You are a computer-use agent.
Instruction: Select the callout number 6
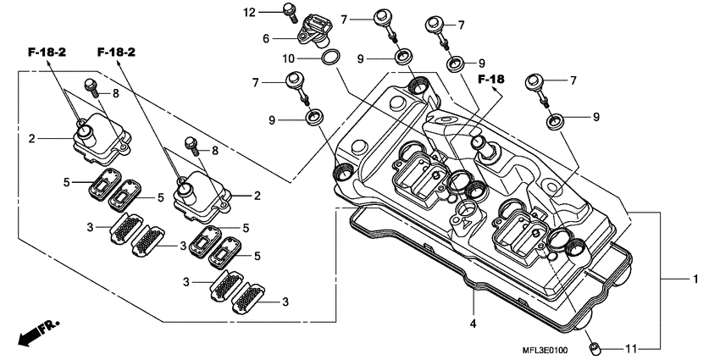[x=265, y=38]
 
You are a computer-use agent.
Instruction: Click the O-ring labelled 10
[x=330, y=58]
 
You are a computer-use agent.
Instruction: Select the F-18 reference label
[x=490, y=80]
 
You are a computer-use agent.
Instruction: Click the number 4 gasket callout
[x=473, y=323]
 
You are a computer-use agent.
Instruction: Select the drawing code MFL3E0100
[x=539, y=350]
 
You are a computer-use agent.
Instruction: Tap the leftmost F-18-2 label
[x=47, y=53]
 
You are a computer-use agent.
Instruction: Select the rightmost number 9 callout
[x=596, y=116]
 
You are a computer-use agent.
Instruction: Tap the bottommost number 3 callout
[x=285, y=302]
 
